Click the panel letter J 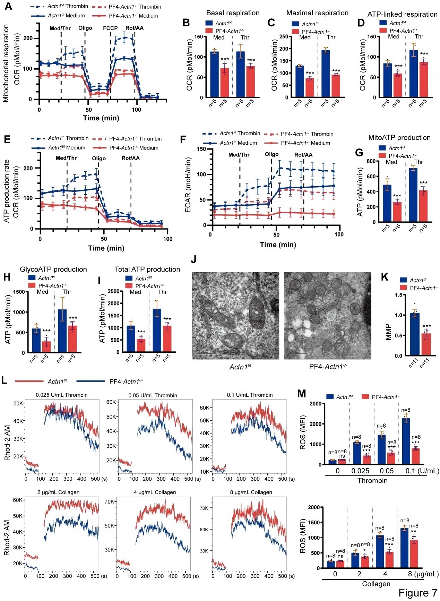click(193, 260)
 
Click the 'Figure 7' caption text click(417, 593)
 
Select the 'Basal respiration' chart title click(233, 13)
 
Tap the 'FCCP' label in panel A click(110, 28)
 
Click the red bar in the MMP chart click(426, 344)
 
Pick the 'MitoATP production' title click(399, 137)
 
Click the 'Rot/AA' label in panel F click(303, 155)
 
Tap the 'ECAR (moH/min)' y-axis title click(188, 184)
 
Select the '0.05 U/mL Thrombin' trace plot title click(153, 395)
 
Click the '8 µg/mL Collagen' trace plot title click(251, 492)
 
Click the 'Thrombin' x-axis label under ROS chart click(372, 481)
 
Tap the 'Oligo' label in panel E click(99, 158)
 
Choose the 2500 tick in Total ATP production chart click(113, 291)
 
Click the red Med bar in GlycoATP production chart click(46, 347)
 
